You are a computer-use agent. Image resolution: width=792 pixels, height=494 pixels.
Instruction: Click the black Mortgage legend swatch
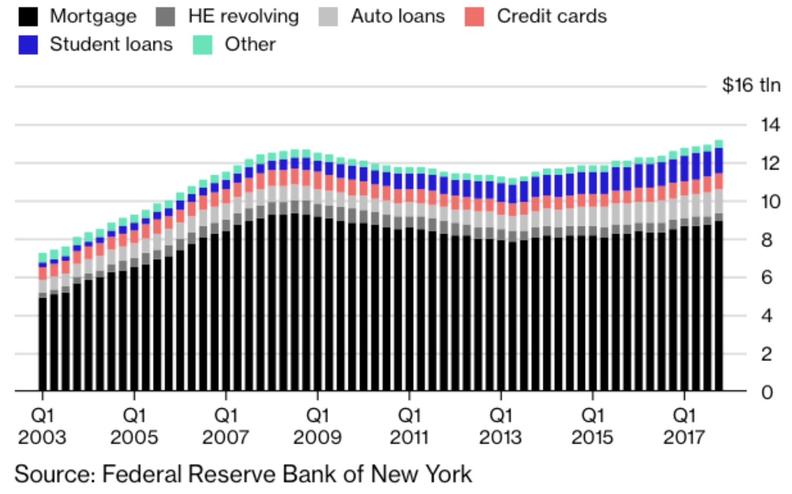click(28, 17)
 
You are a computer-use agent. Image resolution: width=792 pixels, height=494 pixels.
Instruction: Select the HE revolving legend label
click(243, 17)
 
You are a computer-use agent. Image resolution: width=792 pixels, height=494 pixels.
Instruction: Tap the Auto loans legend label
click(398, 17)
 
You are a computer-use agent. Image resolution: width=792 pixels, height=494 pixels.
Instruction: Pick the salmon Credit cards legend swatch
click(474, 17)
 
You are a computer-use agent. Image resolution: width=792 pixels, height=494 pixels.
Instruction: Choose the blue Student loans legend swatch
click(28, 45)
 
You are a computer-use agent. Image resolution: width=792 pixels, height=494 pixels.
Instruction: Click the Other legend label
click(250, 44)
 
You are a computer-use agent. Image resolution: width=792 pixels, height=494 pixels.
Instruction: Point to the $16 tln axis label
click(750, 85)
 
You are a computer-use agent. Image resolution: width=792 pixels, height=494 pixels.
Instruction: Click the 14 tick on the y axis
click(770, 125)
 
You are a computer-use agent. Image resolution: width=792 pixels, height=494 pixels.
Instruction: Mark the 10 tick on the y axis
click(770, 202)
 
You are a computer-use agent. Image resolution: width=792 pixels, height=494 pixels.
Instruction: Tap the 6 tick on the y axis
click(766, 277)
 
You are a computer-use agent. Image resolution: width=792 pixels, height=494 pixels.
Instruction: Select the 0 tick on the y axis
click(767, 392)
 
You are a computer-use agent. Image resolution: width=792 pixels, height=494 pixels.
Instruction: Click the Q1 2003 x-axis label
click(42, 426)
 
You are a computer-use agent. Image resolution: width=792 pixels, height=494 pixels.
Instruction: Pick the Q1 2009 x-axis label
click(317, 426)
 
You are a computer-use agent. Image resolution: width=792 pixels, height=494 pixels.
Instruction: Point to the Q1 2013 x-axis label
click(500, 426)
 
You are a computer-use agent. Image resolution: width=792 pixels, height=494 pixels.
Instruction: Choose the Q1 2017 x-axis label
click(684, 426)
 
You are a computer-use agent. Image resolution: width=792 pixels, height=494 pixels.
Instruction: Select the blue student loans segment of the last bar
click(719, 160)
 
